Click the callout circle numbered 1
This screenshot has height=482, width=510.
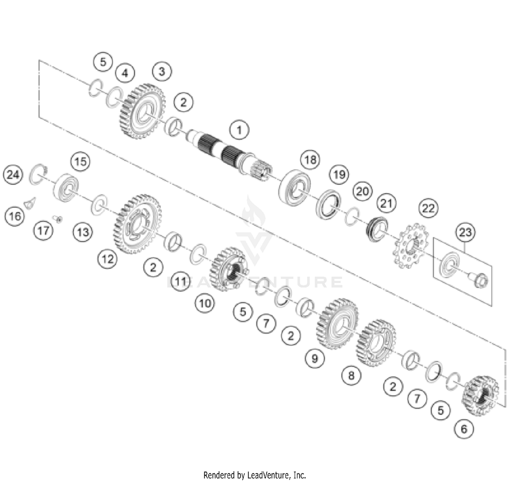pyautogui.click(x=239, y=130)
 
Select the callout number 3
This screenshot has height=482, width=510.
pyautogui.click(x=162, y=71)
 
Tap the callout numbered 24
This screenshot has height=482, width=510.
pyautogui.click(x=13, y=175)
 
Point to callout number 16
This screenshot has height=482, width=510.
pyautogui.click(x=15, y=216)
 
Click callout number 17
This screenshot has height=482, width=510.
pyautogui.click(x=43, y=231)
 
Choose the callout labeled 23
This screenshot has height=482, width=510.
pyautogui.click(x=465, y=232)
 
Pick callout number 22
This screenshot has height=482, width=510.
pyautogui.click(x=428, y=208)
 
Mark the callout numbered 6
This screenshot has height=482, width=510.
pyautogui.click(x=464, y=429)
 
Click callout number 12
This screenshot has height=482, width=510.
pyautogui.click(x=107, y=259)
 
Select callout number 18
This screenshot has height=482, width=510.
pyautogui.click(x=310, y=160)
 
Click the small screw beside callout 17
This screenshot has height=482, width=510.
pyautogui.click(x=58, y=219)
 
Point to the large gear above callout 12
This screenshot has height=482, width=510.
pyautogui.click(x=137, y=224)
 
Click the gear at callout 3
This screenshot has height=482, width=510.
pyautogui.click(x=142, y=111)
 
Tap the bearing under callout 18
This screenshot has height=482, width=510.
pyautogui.click(x=294, y=187)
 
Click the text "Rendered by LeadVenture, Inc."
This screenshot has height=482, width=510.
pyautogui.click(x=255, y=475)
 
